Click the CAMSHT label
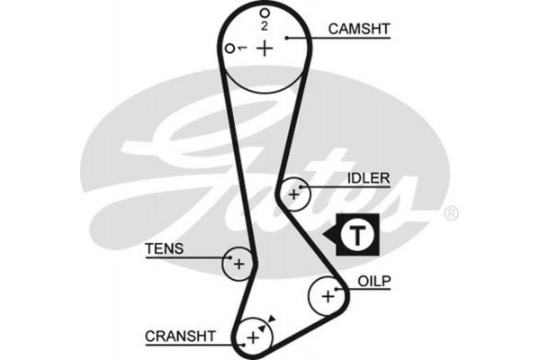[358, 29]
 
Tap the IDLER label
[368, 177]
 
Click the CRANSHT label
[180, 336]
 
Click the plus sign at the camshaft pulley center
[264, 48]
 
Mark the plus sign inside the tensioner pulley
[238, 264]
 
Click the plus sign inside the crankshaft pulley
[253, 337]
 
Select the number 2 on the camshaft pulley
[265, 26]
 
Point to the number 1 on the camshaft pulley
[243, 48]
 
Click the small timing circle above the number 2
[265, 13]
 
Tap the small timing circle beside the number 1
[231, 48]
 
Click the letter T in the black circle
[358, 236]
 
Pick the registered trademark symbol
[452, 213]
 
